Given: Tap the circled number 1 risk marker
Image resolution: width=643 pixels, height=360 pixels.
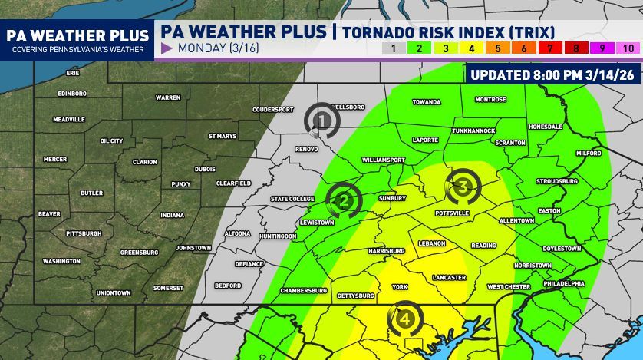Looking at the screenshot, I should (322, 120).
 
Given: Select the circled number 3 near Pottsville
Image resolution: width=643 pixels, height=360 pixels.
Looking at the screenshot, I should (463, 186).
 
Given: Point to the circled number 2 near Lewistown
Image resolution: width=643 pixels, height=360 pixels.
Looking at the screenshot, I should (345, 200).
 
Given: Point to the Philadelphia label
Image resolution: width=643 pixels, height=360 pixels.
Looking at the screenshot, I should (563, 283).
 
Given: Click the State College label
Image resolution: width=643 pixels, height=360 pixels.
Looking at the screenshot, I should (292, 199).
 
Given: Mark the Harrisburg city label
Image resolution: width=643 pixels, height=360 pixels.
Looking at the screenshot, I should (386, 251).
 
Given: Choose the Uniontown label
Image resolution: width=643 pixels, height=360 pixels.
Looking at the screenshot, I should (114, 292).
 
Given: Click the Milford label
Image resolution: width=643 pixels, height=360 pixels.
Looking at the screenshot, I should (589, 153).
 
